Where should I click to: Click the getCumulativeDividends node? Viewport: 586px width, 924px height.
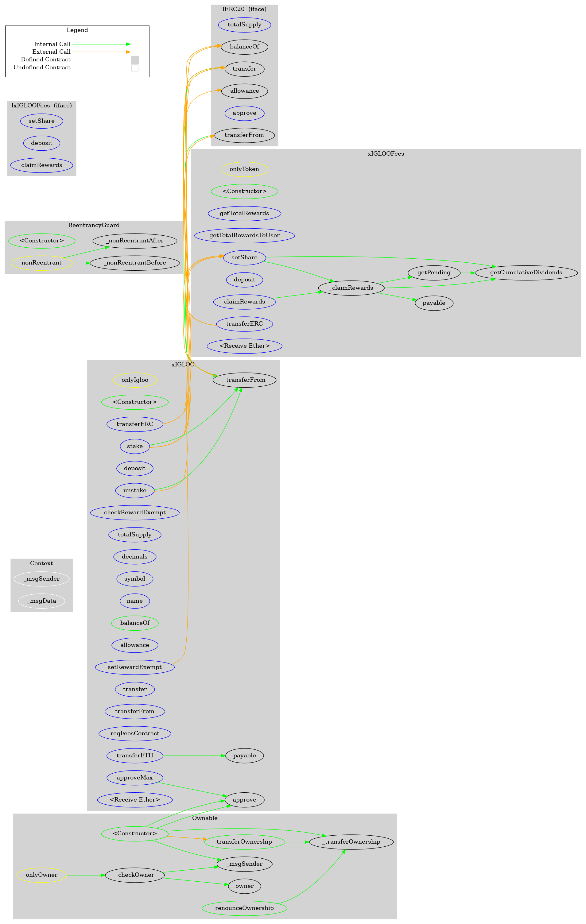(x=526, y=273)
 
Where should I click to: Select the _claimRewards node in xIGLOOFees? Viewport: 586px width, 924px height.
(x=351, y=288)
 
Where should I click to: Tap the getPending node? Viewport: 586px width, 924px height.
(x=434, y=273)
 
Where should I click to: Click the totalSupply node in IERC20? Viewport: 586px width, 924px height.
(x=244, y=25)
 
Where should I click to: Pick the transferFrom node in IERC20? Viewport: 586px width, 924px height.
(x=244, y=135)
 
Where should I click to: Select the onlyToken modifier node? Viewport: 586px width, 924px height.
(x=244, y=169)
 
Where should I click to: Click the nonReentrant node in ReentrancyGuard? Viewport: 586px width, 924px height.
(x=41, y=263)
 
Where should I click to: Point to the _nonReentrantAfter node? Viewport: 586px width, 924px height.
(x=135, y=241)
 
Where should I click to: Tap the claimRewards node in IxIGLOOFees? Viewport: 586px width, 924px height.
(x=41, y=165)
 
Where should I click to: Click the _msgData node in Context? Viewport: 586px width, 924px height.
(x=41, y=601)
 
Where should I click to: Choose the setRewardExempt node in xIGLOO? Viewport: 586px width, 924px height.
(x=135, y=667)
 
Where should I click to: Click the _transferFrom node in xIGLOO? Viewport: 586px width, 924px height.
(x=244, y=380)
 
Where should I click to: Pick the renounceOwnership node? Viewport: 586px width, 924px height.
(x=244, y=908)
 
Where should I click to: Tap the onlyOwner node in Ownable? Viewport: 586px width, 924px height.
(x=41, y=875)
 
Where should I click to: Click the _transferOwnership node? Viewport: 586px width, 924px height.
(x=351, y=842)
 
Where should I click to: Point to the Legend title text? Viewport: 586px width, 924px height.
(x=77, y=30)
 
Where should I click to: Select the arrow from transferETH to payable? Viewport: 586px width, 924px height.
(x=194, y=756)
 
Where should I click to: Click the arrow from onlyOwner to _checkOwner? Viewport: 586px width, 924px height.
(x=86, y=875)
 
